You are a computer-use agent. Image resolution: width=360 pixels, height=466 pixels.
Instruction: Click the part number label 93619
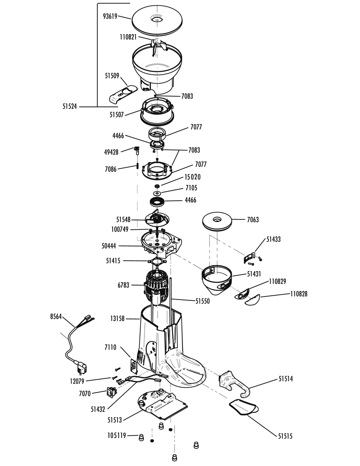coord(110,17)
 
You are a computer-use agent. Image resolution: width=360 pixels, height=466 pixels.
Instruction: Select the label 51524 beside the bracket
coord(69,106)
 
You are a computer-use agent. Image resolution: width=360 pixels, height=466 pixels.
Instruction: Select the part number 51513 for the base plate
coord(115,420)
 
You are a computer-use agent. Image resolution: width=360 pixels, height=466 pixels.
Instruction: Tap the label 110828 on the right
coord(299,294)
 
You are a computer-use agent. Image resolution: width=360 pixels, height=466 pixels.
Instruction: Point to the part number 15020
coord(192,177)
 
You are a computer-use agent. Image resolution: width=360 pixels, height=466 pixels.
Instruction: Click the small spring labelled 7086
coord(138,165)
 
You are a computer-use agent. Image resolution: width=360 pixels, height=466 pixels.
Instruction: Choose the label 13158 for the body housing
coord(117,319)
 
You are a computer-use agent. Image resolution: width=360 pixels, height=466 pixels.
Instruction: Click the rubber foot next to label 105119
coord(141,437)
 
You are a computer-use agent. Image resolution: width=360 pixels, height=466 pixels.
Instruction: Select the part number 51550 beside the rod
coord(202,301)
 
